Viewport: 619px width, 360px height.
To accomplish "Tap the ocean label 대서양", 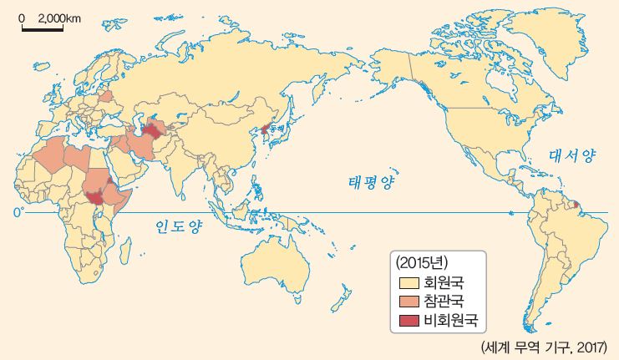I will point(572,155).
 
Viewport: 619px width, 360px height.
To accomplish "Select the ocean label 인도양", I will point(177,226).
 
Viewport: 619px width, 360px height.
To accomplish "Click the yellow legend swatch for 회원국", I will point(408,282).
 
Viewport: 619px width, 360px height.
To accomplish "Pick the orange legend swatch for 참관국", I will point(408,301).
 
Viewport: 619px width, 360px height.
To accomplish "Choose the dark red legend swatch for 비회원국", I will point(408,319).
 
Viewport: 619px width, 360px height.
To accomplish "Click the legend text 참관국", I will point(444,301).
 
